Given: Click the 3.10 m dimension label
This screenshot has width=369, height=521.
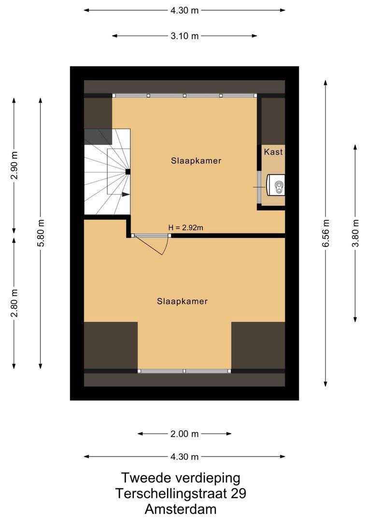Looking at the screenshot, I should pyautogui.click(x=184, y=36).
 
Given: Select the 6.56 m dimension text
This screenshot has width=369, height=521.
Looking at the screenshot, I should pyautogui.click(x=326, y=233).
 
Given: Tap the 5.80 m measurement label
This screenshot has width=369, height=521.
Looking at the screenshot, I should pyautogui.click(x=41, y=233).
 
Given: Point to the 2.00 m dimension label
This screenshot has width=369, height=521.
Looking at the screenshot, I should pyautogui.click(x=184, y=434).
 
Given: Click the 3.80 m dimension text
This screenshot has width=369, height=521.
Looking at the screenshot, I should pyautogui.click(x=355, y=233).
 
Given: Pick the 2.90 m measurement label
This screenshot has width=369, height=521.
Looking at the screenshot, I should pyautogui.click(x=14, y=165).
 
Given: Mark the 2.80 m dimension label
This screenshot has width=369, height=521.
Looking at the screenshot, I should pyautogui.click(x=14, y=302).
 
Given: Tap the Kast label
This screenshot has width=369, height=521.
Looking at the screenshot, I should pyautogui.click(x=273, y=151).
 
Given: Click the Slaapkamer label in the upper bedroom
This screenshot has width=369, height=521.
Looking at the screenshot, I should pyautogui.click(x=196, y=161).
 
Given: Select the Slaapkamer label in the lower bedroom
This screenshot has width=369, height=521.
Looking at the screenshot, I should pyautogui.click(x=182, y=301).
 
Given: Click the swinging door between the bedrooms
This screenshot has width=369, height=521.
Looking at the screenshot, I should pyautogui.click(x=155, y=244).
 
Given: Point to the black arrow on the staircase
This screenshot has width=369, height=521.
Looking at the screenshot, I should pyautogui.click(x=126, y=194).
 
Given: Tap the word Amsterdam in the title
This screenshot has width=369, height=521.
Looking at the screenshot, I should pyautogui.click(x=181, y=509).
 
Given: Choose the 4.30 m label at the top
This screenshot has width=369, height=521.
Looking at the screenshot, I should pyautogui.click(x=184, y=10).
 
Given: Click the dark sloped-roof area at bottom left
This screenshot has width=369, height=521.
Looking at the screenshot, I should pyautogui.click(x=111, y=345).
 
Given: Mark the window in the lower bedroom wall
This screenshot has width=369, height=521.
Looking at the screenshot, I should pyautogui.click(x=184, y=371).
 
